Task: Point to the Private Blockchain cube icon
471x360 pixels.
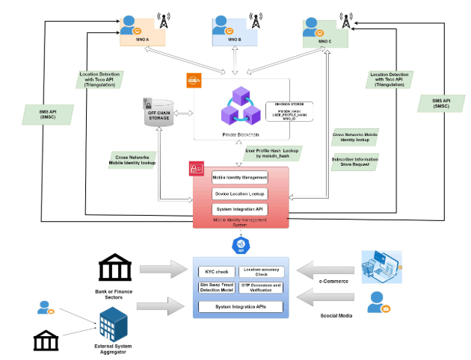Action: pos(239,107)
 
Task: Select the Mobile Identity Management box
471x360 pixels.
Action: pos(240,177)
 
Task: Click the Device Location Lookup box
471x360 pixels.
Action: pos(240,193)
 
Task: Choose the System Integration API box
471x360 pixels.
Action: pos(240,209)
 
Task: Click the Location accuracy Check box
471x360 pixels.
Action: pos(262,270)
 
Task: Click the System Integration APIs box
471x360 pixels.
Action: pos(240,306)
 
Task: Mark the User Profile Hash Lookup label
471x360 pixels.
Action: pos(271,153)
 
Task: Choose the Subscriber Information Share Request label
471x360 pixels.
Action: pos(355,161)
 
